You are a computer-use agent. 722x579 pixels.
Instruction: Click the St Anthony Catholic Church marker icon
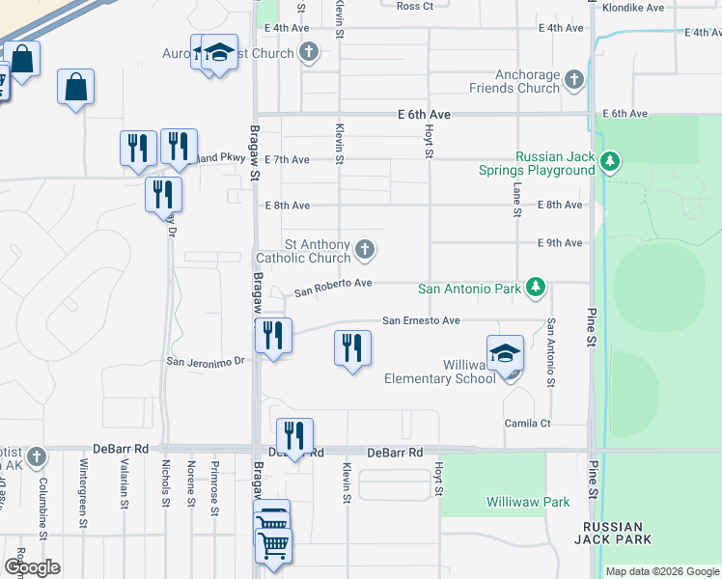pos(365,251)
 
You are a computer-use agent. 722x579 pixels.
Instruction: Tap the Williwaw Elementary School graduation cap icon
pos(505,354)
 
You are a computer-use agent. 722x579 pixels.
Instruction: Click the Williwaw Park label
pos(528,502)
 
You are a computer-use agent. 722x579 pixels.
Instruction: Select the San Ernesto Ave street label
pos(421,320)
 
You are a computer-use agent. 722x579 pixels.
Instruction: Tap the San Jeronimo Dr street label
pos(208,362)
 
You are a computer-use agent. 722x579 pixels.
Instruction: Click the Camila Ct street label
pos(527,424)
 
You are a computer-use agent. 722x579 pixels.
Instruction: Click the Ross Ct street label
pos(415,6)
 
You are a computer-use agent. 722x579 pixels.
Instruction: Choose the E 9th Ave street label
pos(560,243)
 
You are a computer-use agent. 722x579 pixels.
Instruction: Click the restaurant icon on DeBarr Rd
pos(294,436)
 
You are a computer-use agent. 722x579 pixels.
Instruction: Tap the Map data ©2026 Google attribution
pos(661,571)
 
